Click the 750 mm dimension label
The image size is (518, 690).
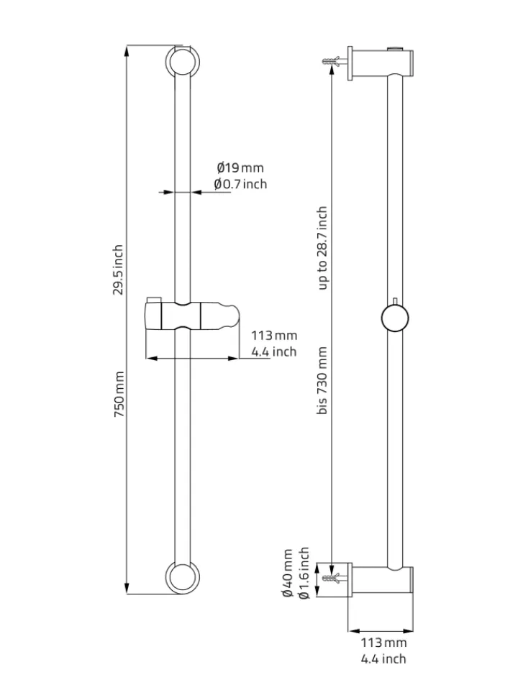pyautogui.click(x=119, y=395)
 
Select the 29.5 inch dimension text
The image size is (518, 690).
pyautogui.click(x=118, y=270)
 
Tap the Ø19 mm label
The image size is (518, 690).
pyautogui.click(x=240, y=167)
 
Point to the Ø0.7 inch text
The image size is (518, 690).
pyautogui.click(x=241, y=183)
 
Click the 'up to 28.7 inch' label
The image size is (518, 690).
pyautogui.click(x=322, y=248)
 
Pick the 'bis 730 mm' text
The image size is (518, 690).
pyautogui.click(x=322, y=380)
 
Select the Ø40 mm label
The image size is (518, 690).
pyautogui.click(x=288, y=573)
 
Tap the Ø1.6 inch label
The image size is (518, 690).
pyautogui.click(x=304, y=573)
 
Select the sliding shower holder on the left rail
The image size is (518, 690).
pyautogui.click(x=193, y=315)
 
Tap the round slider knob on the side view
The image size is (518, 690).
pyautogui.click(x=395, y=318)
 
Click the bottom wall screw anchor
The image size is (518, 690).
pyautogui.click(x=333, y=578)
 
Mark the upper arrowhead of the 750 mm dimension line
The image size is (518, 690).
pyautogui.click(x=127, y=50)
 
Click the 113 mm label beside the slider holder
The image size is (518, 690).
pyautogui.click(x=274, y=336)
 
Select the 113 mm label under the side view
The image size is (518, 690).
pyautogui.click(x=383, y=643)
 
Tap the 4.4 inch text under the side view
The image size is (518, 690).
pyautogui.click(x=383, y=659)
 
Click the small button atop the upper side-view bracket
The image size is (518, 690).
pyautogui.click(x=395, y=48)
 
